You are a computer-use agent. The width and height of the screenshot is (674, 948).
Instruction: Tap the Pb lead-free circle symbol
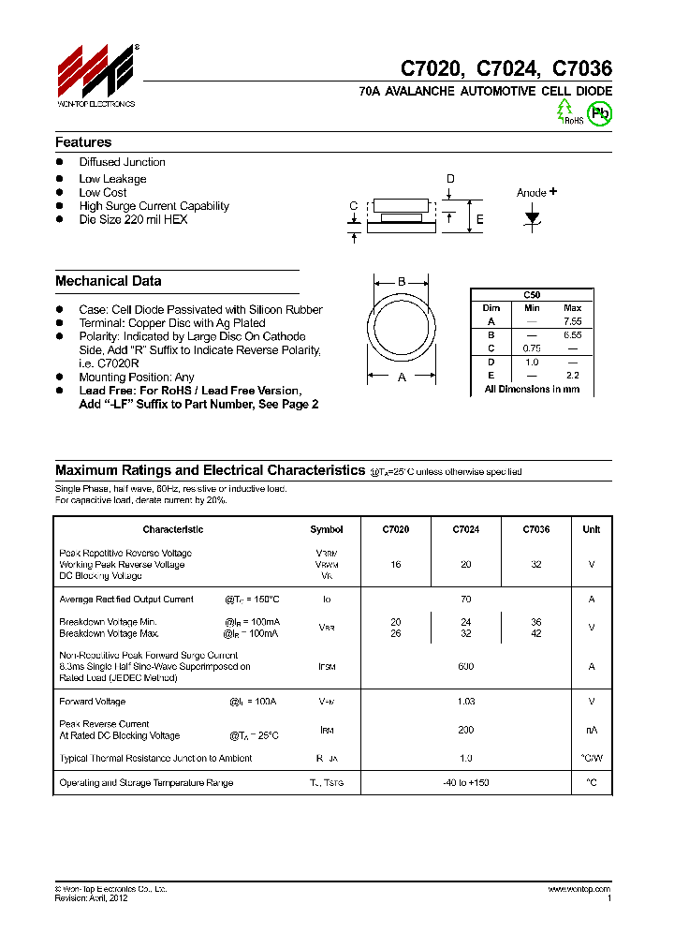point(599,113)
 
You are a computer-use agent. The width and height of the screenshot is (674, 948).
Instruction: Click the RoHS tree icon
point(565,111)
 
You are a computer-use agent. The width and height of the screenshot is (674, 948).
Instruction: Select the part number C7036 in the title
point(581,68)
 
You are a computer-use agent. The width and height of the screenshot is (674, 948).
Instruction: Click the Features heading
point(83,142)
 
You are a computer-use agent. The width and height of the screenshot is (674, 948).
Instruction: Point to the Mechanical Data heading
point(109,281)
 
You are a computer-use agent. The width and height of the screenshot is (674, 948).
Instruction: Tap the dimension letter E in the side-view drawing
point(479,220)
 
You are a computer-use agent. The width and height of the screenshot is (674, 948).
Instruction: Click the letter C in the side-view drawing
point(353,206)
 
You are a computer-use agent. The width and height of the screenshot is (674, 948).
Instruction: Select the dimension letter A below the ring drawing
point(402,377)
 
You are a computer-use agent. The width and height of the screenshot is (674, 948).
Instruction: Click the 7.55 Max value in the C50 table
point(572,321)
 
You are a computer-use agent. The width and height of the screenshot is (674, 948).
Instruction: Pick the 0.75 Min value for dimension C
point(532,348)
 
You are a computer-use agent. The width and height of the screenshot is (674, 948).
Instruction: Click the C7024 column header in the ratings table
point(466,529)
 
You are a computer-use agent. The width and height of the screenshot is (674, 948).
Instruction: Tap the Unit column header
point(591,529)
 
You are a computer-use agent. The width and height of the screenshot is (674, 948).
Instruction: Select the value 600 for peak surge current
point(466,667)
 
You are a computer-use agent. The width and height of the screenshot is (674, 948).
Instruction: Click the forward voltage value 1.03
point(466,702)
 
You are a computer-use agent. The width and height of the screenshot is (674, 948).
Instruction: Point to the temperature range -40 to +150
point(466,782)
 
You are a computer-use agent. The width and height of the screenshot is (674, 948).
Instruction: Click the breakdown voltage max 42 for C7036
point(536,633)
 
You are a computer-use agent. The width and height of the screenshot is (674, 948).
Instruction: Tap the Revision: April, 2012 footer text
point(91,897)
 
